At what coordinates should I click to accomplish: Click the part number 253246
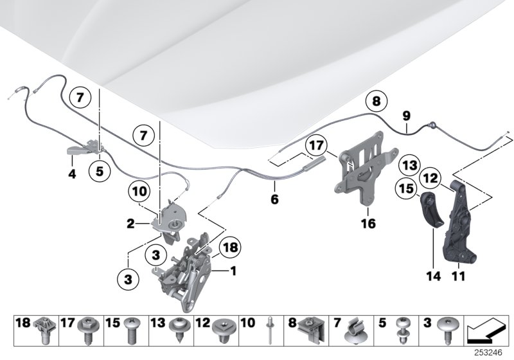[x=495, y=354]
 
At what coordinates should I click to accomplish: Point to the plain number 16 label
[x=369, y=225]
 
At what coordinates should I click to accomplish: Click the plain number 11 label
[x=459, y=277]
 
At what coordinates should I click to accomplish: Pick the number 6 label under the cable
[x=274, y=199]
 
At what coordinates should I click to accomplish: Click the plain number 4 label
[x=73, y=174]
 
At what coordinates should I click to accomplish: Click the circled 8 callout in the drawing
[x=377, y=100]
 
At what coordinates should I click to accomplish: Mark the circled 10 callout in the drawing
[x=139, y=190]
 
